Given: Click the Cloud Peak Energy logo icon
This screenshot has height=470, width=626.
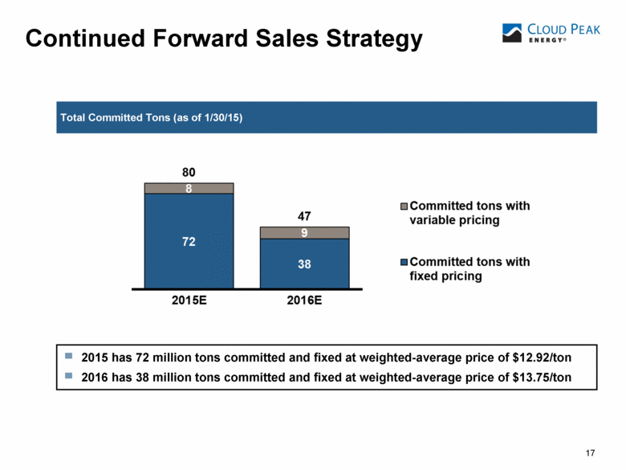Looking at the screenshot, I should (512, 33).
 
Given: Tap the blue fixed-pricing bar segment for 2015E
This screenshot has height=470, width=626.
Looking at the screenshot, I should (189, 240).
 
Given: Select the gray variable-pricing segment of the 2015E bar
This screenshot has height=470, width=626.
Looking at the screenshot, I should (189, 188).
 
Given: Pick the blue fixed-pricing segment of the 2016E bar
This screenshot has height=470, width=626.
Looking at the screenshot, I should (305, 263).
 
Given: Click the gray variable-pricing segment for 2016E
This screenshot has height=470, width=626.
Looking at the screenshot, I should (305, 233).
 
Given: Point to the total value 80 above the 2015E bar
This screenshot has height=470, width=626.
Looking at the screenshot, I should (189, 172).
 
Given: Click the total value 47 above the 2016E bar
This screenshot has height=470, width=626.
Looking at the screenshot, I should (304, 216).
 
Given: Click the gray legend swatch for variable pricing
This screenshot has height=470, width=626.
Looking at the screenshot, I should (404, 206).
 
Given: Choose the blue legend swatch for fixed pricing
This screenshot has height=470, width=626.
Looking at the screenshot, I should (404, 262).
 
